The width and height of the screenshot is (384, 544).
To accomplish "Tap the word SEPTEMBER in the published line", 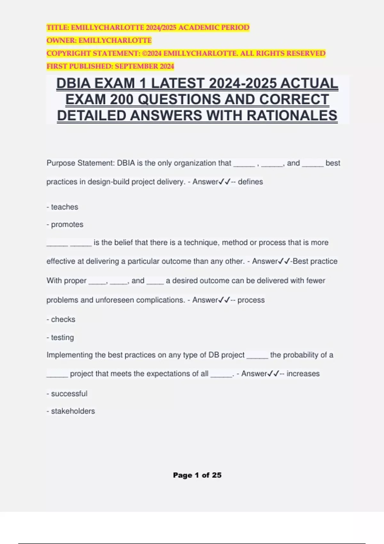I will coord(135,67).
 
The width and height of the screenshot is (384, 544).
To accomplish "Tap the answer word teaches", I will coord(64,207).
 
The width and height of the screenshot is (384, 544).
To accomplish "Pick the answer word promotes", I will coord(67,225).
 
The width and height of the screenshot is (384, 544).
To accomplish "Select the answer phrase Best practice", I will coord(315,261).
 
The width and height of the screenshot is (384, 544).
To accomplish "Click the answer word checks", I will coord(63,319).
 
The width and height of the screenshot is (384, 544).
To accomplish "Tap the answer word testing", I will coord(62,338).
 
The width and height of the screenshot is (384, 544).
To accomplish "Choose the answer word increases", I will coord(303,374).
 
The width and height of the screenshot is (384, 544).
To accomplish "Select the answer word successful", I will coord(69,394).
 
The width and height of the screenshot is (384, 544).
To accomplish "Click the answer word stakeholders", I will coord(73,411).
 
